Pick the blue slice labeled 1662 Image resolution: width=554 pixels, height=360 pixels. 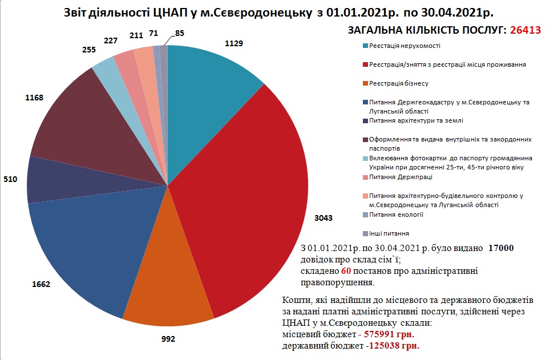point(86,245)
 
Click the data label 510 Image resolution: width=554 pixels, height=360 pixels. point(11,179)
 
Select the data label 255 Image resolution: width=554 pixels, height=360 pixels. point(88,49)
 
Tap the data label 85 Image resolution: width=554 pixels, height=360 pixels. point(180,33)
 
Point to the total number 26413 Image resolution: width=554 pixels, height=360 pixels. point(524,30)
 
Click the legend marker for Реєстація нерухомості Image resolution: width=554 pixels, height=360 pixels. point(365,45)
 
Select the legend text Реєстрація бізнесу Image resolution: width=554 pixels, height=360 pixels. point(398,83)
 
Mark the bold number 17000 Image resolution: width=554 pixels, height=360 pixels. point(502,248)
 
